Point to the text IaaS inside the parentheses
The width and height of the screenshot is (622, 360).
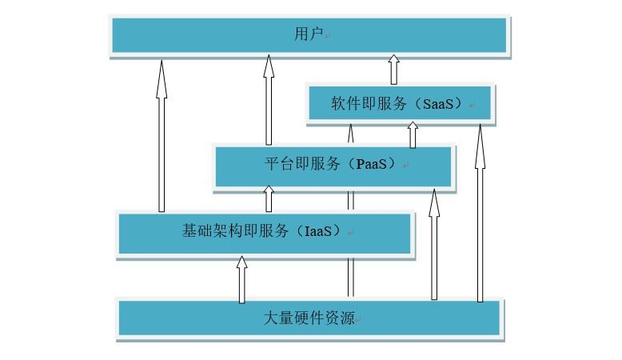coord(320,232)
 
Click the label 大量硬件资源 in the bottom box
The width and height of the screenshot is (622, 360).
coord(309,318)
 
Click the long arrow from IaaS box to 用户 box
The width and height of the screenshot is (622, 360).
coord(161,136)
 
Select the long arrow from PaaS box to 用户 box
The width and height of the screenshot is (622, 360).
coord(269,100)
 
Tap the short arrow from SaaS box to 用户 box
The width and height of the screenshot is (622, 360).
coord(393,70)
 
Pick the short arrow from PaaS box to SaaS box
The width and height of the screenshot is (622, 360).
coord(413,135)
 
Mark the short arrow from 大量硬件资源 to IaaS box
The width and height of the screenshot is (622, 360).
coord(241,280)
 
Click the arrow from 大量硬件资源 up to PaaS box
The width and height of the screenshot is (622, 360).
coord(434,248)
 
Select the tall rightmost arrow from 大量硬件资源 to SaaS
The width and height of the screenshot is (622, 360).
coord(480,216)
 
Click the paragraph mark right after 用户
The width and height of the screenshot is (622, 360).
coord(328,35)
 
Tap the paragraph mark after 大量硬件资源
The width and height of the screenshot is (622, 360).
coord(359,319)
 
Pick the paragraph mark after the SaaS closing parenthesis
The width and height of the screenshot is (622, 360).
coord(473,106)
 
